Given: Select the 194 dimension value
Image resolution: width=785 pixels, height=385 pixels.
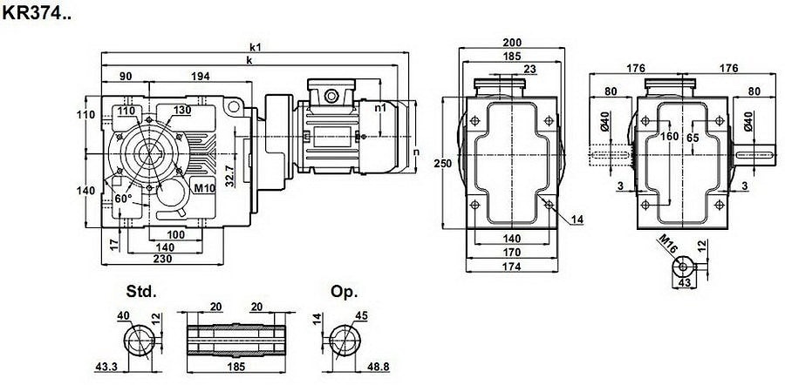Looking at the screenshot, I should point(201,77).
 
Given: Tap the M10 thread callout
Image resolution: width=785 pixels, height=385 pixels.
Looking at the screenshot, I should point(204,187).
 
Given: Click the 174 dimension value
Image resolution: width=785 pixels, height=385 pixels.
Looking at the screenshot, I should point(511,267).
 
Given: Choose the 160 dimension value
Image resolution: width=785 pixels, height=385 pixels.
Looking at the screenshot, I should point(669,137).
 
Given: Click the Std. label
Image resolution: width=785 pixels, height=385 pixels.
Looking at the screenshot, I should point(141,292).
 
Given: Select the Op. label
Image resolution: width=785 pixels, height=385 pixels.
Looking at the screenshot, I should point(344,292).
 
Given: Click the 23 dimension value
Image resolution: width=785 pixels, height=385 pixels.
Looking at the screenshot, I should point(529,69).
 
